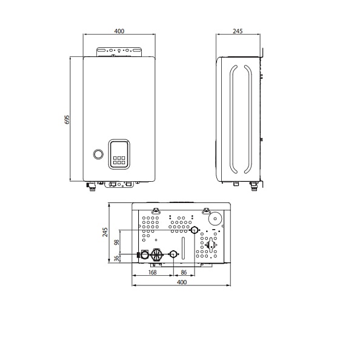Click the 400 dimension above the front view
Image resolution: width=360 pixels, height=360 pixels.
[119, 31]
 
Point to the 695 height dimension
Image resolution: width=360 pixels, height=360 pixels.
[67, 119]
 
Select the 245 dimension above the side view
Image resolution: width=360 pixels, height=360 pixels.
[238, 31]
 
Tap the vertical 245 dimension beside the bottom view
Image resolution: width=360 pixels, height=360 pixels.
[105, 232]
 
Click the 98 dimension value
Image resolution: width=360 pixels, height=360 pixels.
[117, 242]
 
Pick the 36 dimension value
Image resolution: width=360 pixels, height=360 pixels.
[117, 258]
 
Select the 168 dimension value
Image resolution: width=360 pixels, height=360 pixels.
[153, 272]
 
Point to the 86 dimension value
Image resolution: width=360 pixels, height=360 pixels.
[184, 272]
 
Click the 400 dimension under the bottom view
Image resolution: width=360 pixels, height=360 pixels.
[182, 282]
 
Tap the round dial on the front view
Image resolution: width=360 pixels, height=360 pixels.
[98, 154]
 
